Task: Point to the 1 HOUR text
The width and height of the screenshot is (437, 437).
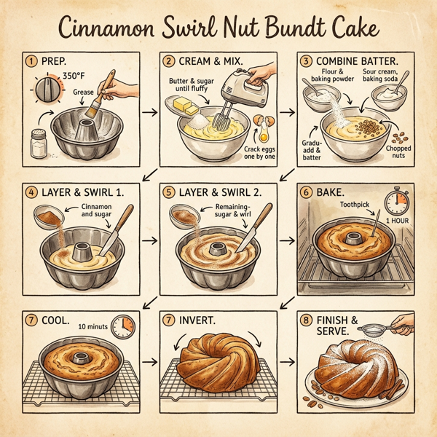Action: [397, 221]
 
